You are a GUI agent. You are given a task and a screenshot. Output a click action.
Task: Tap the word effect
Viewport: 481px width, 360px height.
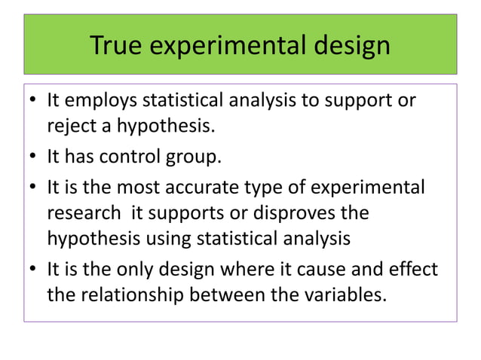(412, 270)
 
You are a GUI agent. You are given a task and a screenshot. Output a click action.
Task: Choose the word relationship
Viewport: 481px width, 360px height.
(137, 294)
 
